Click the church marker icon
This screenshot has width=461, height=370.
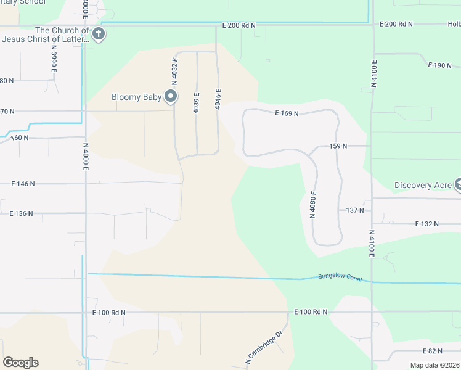tap(98, 35)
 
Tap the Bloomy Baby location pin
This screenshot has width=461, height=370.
tap(171, 97)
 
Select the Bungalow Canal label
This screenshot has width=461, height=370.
tap(340, 277)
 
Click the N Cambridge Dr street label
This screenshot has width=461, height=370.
tap(264, 347)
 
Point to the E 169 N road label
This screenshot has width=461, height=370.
tap(286, 113)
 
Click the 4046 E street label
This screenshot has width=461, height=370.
tap(218, 99)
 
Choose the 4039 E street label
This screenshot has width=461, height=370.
tap(197, 102)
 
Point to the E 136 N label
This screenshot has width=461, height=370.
tap(22, 213)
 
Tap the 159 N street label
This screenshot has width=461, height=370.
tap(338, 146)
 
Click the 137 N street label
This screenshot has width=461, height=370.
tap(354, 210)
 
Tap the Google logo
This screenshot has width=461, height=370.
tap(20, 363)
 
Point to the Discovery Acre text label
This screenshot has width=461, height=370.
tap(423, 185)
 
